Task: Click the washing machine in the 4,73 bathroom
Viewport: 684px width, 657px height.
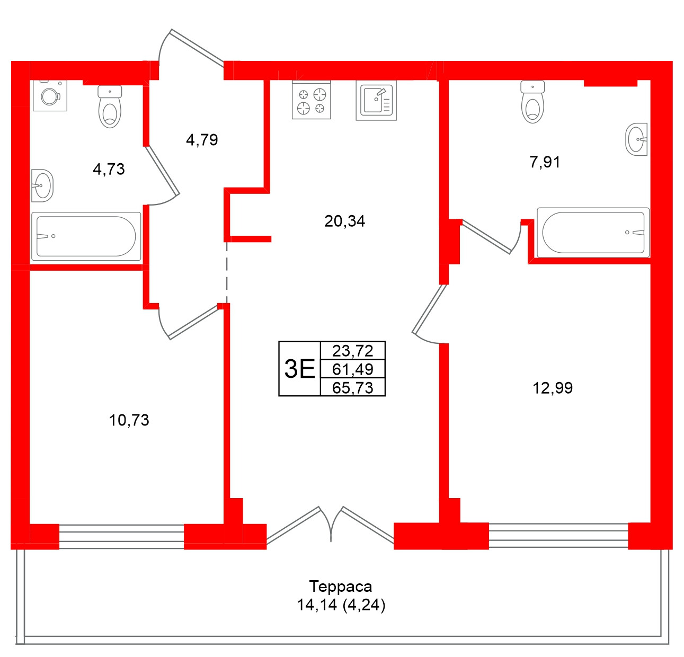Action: [50, 95]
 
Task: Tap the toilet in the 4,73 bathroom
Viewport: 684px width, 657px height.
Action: [110, 107]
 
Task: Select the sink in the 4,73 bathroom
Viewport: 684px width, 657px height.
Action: [42, 185]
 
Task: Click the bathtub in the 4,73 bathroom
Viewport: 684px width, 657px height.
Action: [86, 236]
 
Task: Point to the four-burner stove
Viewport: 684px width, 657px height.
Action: [312, 101]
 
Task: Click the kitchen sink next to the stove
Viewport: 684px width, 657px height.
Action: [376, 101]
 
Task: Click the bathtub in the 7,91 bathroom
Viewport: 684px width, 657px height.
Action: [593, 233]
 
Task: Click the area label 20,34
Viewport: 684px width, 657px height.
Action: [344, 221]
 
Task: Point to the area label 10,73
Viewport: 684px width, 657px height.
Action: [129, 420]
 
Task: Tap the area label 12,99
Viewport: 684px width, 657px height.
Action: [552, 388]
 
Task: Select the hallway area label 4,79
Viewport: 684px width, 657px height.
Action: [202, 140]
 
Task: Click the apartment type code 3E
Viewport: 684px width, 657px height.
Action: [299, 369]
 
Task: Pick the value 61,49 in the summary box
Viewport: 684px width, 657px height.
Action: [353, 369]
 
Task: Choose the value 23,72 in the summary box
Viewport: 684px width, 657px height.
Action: [353, 351]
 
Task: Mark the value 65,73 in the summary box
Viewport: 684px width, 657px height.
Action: [353, 387]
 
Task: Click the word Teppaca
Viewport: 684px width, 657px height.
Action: [341, 587]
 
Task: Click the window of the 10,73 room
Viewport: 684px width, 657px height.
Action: [121, 536]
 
